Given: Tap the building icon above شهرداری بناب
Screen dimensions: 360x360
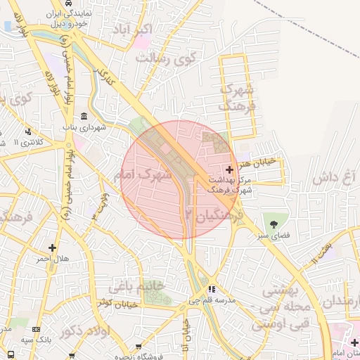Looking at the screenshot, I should pyautogui.click(x=84, y=116).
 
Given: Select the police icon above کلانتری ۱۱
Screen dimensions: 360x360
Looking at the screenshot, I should pyautogui.click(x=27, y=131).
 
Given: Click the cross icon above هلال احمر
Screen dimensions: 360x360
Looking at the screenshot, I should pyautogui.click(x=52, y=247).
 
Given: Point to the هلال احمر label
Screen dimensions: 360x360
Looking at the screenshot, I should pyautogui.click(x=53, y=259).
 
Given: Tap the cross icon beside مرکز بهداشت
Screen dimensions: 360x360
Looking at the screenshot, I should pyautogui.click(x=230, y=169).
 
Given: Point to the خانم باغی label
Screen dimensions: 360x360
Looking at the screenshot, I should pyautogui.click(x=136, y=285).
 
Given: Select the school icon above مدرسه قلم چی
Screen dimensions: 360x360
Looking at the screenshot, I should pyautogui.click(x=212, y=289).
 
